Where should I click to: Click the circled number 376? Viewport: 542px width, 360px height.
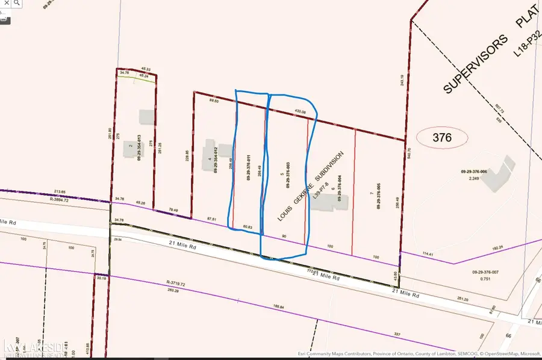click(x=442, y=138)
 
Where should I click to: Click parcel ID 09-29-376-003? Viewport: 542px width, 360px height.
click(x=288, y=178)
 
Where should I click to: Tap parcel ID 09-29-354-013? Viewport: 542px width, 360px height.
click(x=139, y=147)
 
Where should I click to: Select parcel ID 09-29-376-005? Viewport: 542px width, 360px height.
click(x=379, y=196)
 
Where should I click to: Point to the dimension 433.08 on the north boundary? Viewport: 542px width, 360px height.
click(x=300, y=112)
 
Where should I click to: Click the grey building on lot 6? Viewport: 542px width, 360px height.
click(x=329, y=203)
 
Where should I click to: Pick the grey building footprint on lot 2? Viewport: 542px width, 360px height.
click(x=146, y=116)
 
